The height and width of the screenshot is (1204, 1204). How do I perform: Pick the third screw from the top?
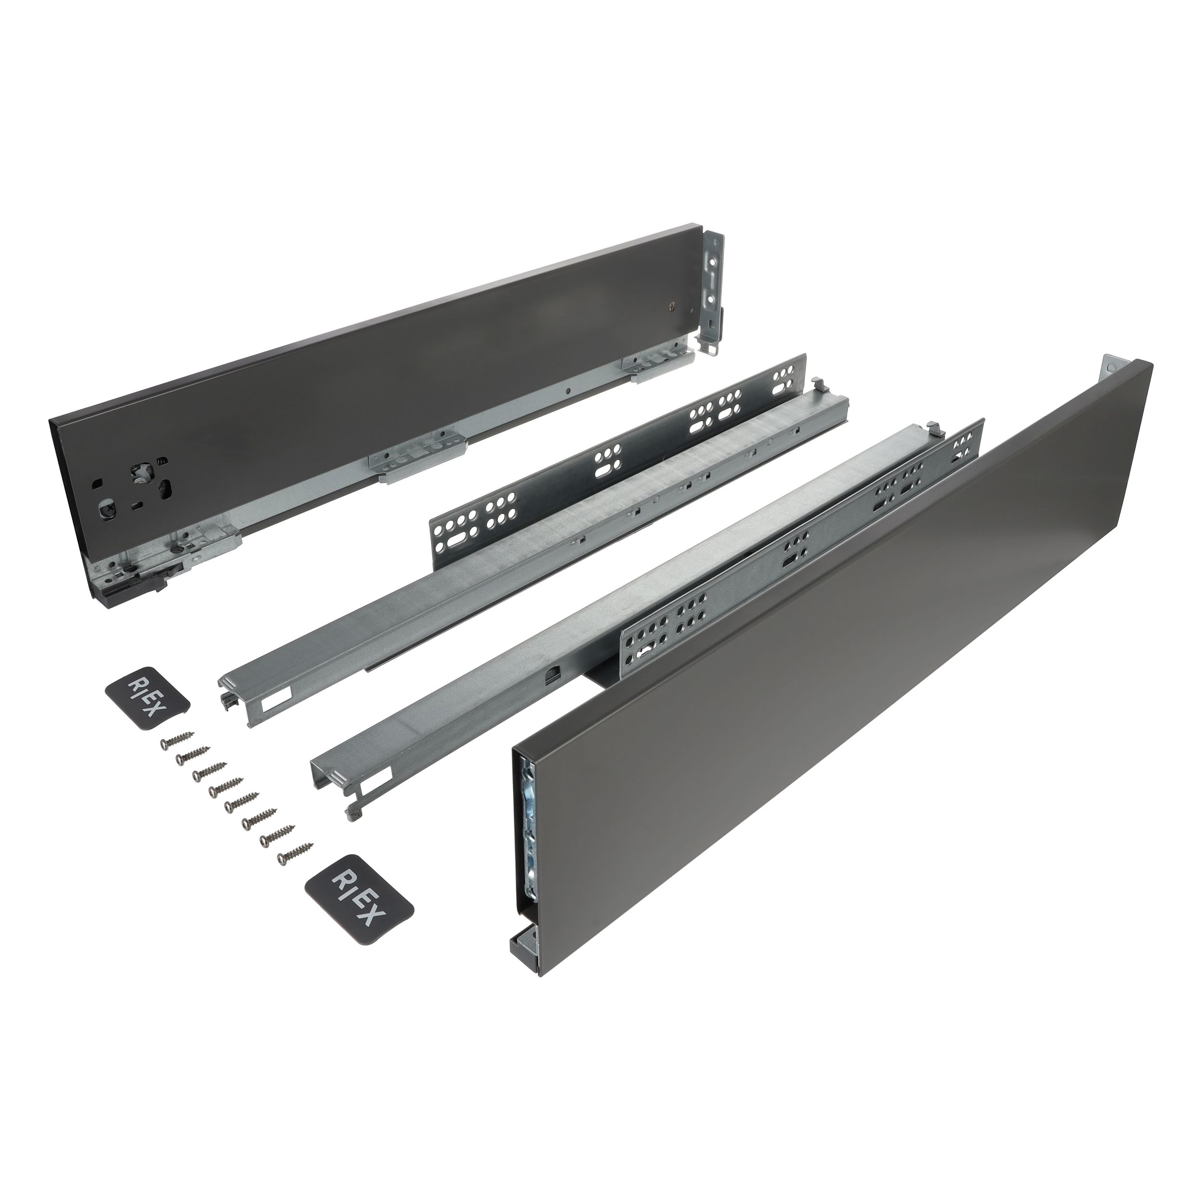pyautogui.click(x=210, y=772)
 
